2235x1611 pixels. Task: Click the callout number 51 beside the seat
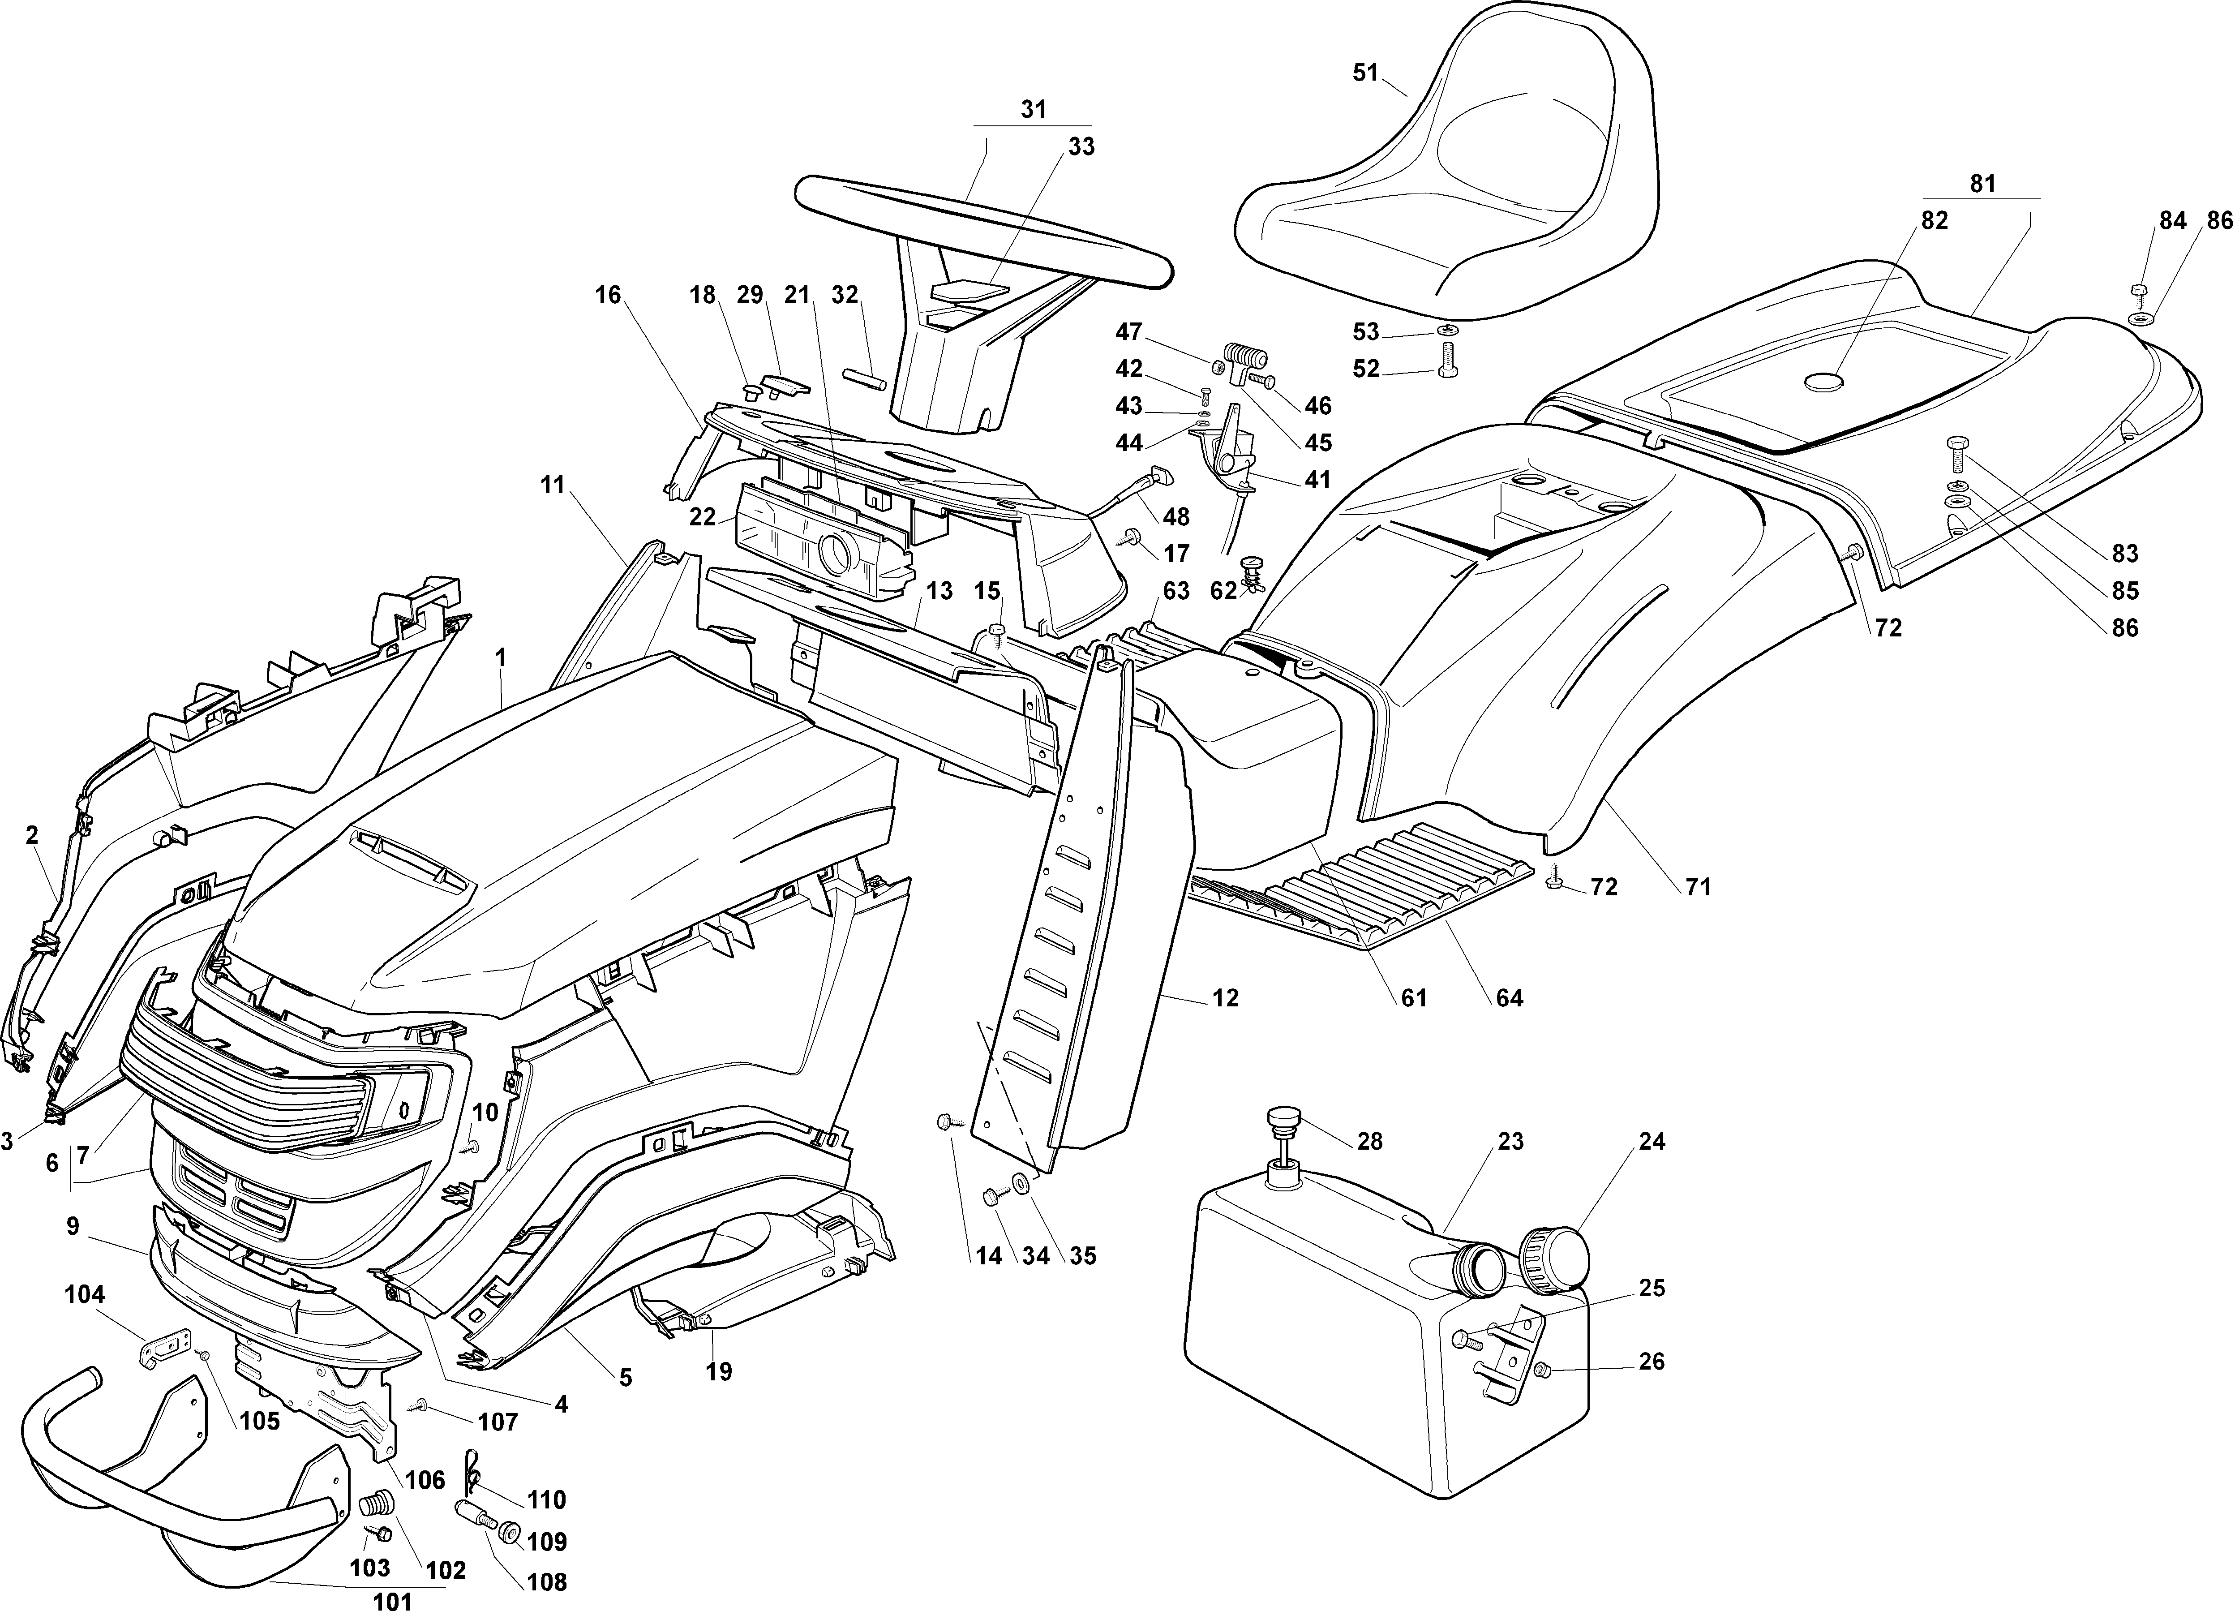pyautogui.click(x=1365, y=73)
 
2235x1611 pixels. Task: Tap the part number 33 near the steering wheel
pyautogui.click(x=1081, y=146)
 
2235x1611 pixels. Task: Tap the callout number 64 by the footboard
pyautogui.click(x=1509, y=998)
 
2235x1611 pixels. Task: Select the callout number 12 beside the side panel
pyautogui.click(x=1225, y=998)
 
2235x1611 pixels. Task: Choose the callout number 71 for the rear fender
pyautogui.click(x=1697, y=887)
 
